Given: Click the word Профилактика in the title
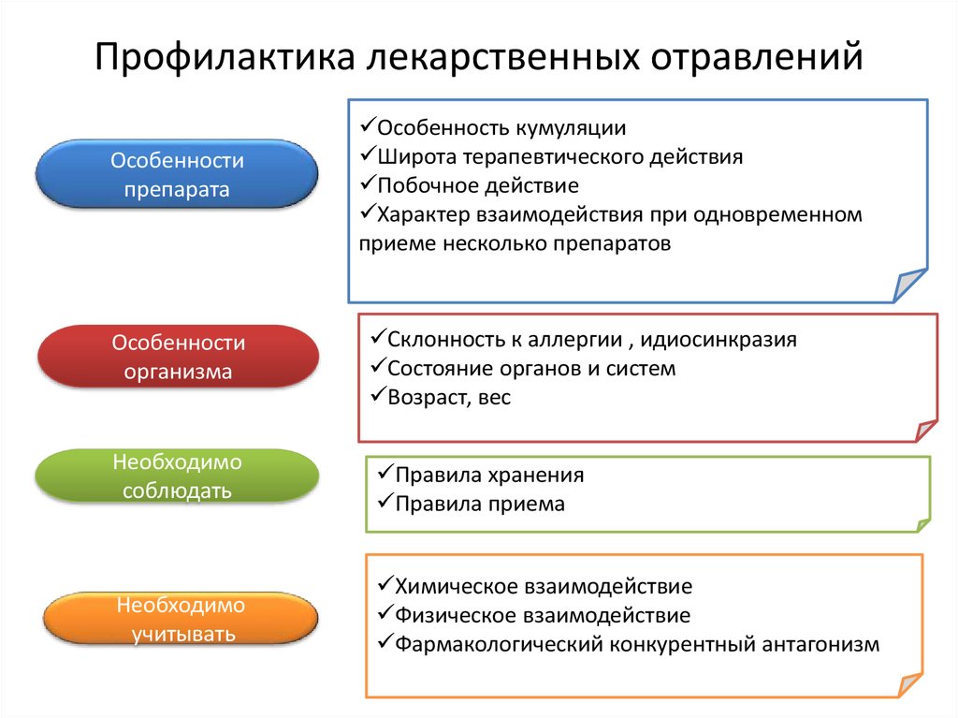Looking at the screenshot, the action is (225, 57).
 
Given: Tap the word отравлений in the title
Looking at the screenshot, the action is (756, 57).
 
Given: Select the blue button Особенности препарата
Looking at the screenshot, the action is (177, 174).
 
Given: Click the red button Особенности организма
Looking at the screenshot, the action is (179, 357).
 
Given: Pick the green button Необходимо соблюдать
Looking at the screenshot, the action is (177, 476).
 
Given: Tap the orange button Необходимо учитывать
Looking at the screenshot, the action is (181, 619).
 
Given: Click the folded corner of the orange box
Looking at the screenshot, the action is (910, 685).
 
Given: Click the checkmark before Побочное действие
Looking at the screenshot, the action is (367, 183).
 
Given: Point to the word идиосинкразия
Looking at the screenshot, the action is (718, 340).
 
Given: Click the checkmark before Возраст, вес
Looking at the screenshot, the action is (378, 394).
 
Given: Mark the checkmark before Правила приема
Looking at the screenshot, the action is (385, 502).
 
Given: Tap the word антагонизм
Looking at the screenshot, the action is (820, 644).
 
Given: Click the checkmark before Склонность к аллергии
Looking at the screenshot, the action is (378, 336).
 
